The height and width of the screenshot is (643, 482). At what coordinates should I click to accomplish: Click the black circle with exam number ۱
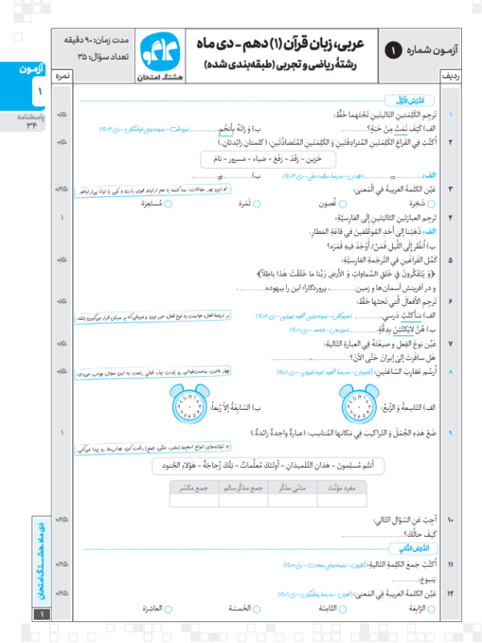[x=393, y=49]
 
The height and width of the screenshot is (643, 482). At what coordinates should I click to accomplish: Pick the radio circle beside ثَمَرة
[x=255, y=204]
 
